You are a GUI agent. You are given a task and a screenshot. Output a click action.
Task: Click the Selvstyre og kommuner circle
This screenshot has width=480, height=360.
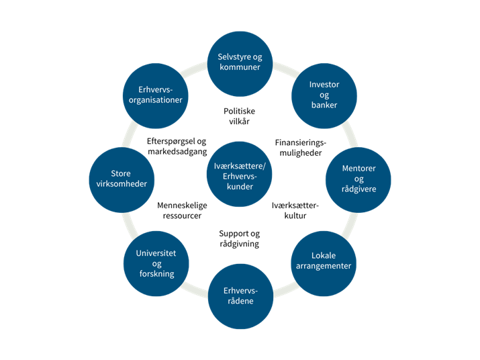point(240,64)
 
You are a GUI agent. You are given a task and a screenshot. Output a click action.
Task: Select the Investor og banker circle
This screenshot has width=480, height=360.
point(324,96)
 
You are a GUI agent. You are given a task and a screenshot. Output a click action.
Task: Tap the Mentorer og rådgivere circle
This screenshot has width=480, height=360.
point(358,180)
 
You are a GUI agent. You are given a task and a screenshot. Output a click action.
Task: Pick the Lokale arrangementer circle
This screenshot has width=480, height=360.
point(324,263)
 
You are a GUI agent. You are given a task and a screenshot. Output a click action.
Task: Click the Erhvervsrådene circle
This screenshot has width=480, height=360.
point(240,296)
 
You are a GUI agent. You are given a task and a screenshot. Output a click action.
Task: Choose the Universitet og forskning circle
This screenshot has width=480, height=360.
point(156,263)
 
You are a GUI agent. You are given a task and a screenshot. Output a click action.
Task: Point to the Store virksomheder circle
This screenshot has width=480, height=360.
point(122,180)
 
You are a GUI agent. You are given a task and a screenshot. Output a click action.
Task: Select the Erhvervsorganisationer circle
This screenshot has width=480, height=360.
point(156,96)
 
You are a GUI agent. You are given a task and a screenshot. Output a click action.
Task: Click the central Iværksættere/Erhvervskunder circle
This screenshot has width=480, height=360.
point(240,174)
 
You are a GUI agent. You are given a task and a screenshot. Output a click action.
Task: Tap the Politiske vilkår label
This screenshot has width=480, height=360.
point(240,116)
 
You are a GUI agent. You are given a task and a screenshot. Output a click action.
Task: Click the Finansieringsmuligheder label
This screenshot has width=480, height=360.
point(301,147)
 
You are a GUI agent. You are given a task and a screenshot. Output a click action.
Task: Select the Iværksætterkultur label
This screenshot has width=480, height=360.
point(295,210)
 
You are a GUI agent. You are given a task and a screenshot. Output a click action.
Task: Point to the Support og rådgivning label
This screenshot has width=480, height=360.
point(240,238)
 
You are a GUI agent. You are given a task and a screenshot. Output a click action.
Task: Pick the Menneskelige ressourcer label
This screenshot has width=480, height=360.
point(182,210)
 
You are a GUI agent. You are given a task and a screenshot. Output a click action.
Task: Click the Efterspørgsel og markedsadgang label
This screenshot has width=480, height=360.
point(177,146)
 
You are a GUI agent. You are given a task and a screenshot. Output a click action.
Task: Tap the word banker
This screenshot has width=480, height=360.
point(324,105)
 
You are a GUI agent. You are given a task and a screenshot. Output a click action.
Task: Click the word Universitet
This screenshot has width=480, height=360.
point(156,253)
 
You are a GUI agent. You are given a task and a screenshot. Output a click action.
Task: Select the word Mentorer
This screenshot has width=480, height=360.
point(358,168)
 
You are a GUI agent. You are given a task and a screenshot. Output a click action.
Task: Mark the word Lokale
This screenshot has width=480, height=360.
point(324,255)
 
